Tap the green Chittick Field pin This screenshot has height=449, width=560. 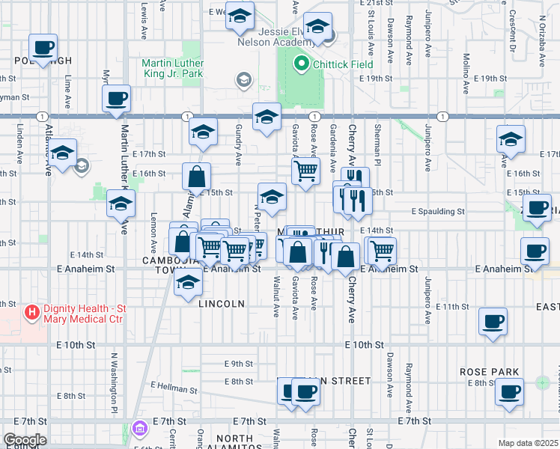pyautogui.click(x=302, y=64)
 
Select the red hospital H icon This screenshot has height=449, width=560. pyautogui.click(x=31, y=312)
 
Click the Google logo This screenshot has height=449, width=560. pyautogui.click(x=24, y=440)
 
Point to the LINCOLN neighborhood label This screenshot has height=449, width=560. pyautogui.click(x=222, y=304)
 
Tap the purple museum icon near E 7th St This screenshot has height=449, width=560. pyautogui.click(x=139, y=429)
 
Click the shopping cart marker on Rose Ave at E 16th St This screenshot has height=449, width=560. pyautogui.click(x=305, y=171)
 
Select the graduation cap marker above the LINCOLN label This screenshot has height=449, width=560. pyautogui.click(x=188, y=283)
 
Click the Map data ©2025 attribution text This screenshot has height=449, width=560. pyautogui.click(x=528, y=443)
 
